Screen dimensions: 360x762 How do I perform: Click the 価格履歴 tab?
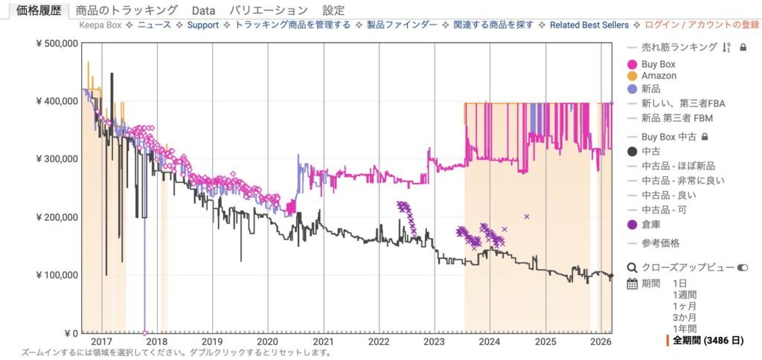39,10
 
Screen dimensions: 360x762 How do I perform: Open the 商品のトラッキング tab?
127,10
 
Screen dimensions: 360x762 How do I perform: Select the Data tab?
202,10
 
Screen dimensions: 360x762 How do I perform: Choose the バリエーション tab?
269,10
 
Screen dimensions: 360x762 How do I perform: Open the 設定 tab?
333,10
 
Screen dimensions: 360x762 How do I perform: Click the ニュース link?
154,25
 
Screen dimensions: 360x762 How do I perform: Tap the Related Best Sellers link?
589,25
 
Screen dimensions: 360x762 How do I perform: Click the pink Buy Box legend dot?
633,65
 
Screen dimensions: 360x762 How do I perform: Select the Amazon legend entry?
659,76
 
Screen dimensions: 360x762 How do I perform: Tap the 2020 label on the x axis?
267,341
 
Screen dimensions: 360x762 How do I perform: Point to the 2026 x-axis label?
601,341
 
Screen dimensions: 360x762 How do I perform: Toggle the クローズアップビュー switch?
742,267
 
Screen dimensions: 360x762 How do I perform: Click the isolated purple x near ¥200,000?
526,216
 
